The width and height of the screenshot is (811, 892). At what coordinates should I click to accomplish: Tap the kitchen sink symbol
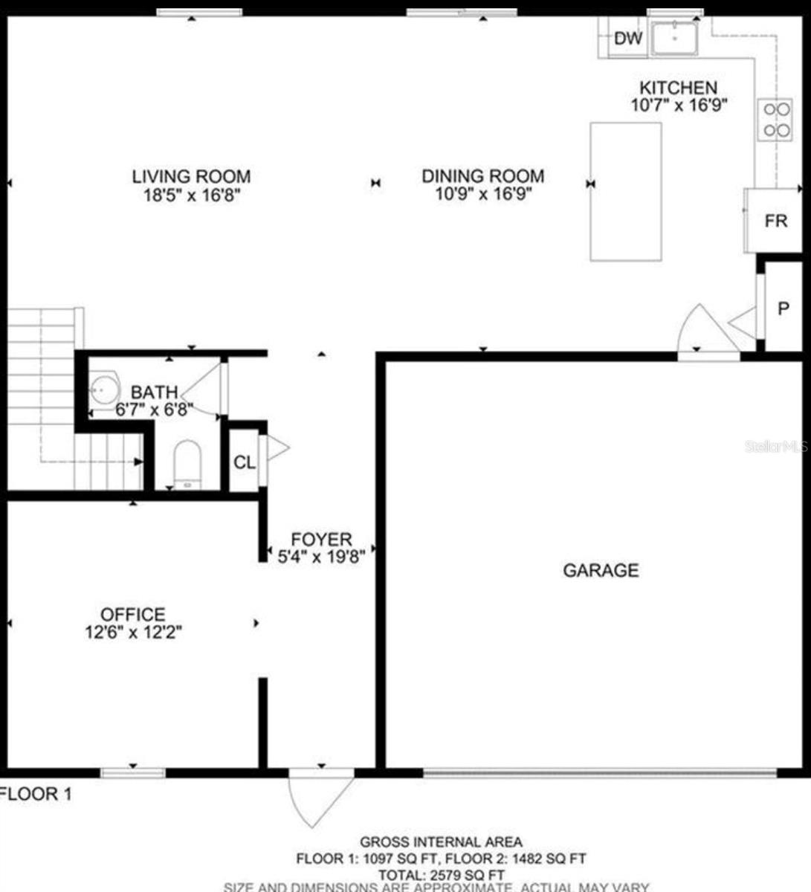(x=674, y=37)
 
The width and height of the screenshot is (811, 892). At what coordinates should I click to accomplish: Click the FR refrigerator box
(x=775, y=221)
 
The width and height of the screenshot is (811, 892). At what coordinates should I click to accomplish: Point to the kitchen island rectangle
(x=626, y=192)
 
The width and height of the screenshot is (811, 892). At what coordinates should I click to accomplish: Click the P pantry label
(x=783, y=308)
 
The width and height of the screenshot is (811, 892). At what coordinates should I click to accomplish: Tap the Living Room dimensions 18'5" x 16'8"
(x=191, y=195)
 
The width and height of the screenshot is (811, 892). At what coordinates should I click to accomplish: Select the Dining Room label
(x=482, y=176)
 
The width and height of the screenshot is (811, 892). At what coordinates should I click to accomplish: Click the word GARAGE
(x=601, y=570)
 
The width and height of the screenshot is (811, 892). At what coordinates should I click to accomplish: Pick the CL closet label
(x=244, y=462)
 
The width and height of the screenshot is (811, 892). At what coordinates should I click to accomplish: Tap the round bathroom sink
(x=105, y=389)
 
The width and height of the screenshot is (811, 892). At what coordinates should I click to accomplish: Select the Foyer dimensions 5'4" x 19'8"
(x=321, y=556)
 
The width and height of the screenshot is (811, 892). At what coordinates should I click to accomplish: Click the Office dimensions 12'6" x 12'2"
(x=133, y=633)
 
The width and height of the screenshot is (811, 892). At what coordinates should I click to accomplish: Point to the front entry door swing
(x=320, y=799)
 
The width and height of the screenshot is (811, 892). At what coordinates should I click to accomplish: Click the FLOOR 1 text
(x=36, y=794)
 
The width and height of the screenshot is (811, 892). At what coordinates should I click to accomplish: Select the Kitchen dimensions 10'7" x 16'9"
(x=678, y=106)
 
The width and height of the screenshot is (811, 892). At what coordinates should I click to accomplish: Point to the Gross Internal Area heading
(x=441, y=842)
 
